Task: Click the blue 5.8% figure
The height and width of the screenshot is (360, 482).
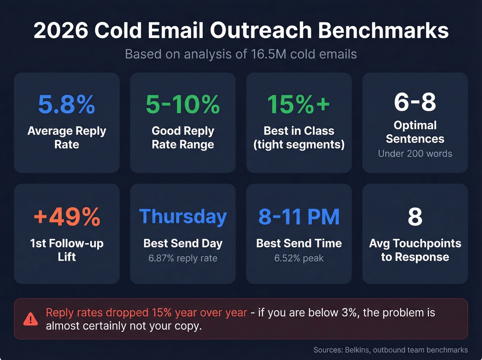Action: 66,104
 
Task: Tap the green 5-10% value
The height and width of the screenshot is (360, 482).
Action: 182,104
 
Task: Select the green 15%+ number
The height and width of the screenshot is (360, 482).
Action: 298,104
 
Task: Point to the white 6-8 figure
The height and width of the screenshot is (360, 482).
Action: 415,102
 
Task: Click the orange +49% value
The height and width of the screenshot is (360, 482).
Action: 67,217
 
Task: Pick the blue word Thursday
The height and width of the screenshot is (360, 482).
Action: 183,217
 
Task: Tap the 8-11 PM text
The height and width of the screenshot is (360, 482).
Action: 299,217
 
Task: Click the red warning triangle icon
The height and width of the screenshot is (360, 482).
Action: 31,319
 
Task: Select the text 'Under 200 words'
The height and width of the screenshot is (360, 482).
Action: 415,154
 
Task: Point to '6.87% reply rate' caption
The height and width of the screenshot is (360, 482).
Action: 183,258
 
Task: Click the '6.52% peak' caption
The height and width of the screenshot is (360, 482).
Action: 299,258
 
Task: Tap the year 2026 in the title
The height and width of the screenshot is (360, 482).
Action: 61,31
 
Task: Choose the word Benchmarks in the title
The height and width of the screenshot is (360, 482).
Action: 383,31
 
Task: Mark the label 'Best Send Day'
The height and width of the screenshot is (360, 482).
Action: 183,244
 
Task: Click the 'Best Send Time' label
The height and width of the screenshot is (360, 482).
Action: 299,244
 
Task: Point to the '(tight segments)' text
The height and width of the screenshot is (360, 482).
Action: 299,145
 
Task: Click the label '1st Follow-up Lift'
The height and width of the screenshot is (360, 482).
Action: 67,250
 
